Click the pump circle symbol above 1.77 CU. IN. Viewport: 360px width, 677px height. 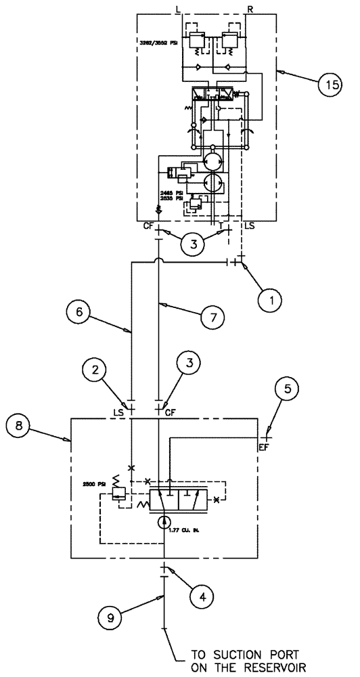(163, 522)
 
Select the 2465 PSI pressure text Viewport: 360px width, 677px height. (168, 193)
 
